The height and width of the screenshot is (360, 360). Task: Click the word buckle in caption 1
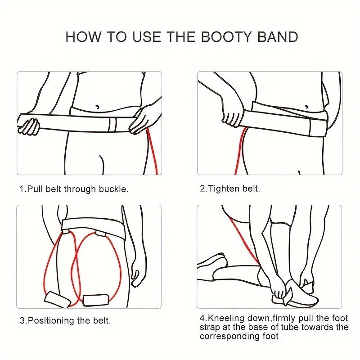115,189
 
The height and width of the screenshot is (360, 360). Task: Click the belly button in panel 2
306,107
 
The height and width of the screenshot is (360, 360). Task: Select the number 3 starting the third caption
22,321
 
